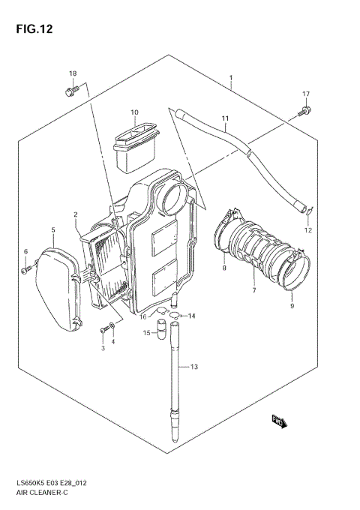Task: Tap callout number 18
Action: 73,73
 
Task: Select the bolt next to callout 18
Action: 71,91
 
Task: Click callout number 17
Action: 306,94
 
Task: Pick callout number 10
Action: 135,113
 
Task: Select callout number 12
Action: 307,230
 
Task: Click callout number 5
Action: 52,229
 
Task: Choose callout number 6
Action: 25,251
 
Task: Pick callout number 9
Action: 292,305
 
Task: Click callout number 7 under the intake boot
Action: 253,290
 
